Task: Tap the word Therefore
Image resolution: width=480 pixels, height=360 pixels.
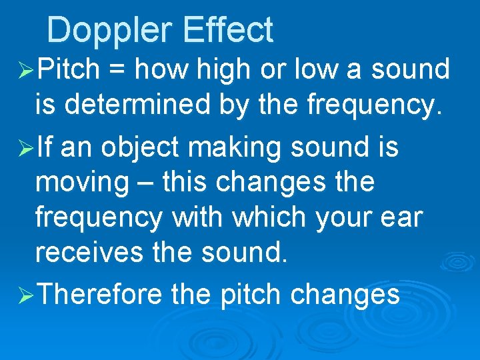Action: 100,295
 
